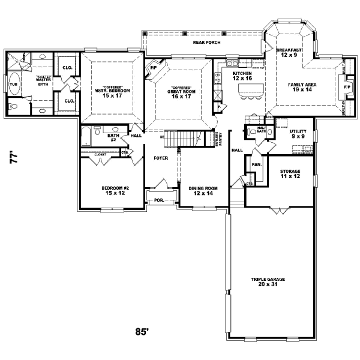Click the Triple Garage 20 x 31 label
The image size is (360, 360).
click(x=269, y=281)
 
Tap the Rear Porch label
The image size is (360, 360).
click(x=205, y=43)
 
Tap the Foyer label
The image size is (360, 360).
click(x=160, y=158)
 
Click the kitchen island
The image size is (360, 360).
click(x=251, y=91)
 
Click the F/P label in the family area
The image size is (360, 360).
click(x=346, y=86)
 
